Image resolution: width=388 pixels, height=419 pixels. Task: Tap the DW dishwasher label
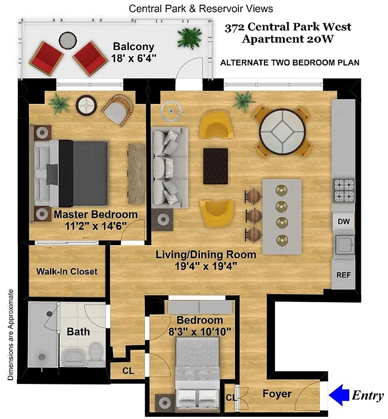(343, 222)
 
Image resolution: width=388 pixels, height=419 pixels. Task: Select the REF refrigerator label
(343, 275)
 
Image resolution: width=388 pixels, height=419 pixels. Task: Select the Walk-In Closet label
(66, 271)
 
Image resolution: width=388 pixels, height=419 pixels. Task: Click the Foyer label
(277, 393)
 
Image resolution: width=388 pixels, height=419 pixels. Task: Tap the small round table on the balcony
(66, 40)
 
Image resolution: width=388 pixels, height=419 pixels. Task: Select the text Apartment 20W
(287, 39)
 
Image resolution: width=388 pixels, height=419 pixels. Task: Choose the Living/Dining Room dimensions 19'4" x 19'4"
(206, 266)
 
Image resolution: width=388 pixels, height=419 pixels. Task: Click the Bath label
(78, 332)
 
